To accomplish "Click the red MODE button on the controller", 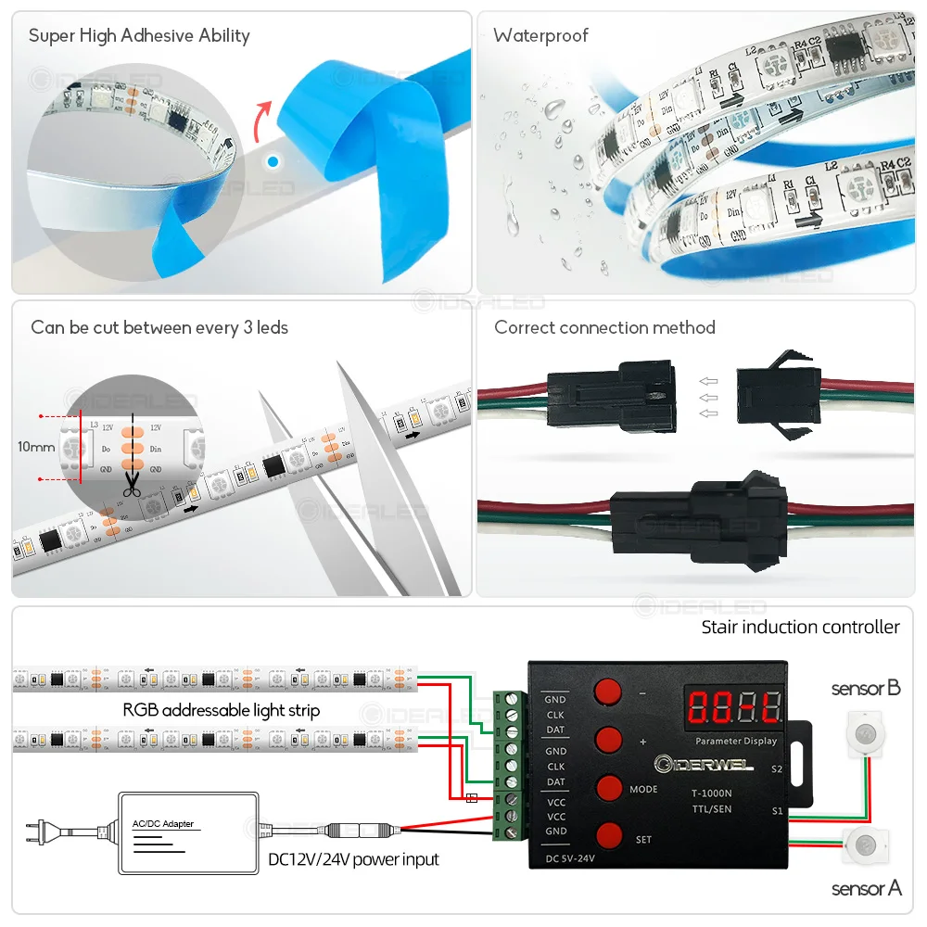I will pos(608,787).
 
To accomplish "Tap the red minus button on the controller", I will pos(608,692).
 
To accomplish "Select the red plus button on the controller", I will pos(608,740).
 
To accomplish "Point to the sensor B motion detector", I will pos(866,732).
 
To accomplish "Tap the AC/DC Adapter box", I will pos(187,832).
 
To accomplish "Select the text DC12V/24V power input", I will pos(353,859).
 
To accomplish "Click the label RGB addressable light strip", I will pos(222,710).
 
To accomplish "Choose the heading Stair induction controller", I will pos(800,628).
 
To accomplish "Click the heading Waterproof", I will pos(540,36).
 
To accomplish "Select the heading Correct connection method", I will pos(604,327).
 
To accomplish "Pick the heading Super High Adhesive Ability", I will pos(139,36).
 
